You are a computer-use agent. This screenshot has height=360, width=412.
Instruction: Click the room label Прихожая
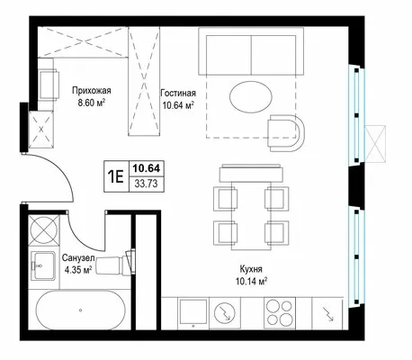[x=92, y=90]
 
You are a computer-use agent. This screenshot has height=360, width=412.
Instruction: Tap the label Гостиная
[x=178, y=93]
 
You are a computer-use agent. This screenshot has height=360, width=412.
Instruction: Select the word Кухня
[x=251, y=269]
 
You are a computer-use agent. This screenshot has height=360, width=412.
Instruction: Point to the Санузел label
[x=78, y=257]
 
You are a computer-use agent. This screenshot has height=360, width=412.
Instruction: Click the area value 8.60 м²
[x=92, y=103]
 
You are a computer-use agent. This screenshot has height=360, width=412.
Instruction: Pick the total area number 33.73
[x=146, y=184]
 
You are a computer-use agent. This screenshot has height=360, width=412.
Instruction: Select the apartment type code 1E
[x=116, y=176]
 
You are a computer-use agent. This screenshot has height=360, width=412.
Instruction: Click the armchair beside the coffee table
[x=286, y=133]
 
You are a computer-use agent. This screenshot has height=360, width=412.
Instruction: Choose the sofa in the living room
[x=251, y=51]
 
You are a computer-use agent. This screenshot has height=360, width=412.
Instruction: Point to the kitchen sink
[x=193, y=313]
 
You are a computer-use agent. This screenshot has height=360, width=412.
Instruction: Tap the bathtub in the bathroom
[x=81, y=310]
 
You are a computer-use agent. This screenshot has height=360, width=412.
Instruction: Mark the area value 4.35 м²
[x=78, y=270]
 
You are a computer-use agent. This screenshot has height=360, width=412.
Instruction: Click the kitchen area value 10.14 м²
[x=251, y=282]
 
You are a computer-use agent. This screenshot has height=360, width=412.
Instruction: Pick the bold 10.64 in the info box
[x=147, y=168]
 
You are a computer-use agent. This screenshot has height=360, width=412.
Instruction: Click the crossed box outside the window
[x=375, y=144]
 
